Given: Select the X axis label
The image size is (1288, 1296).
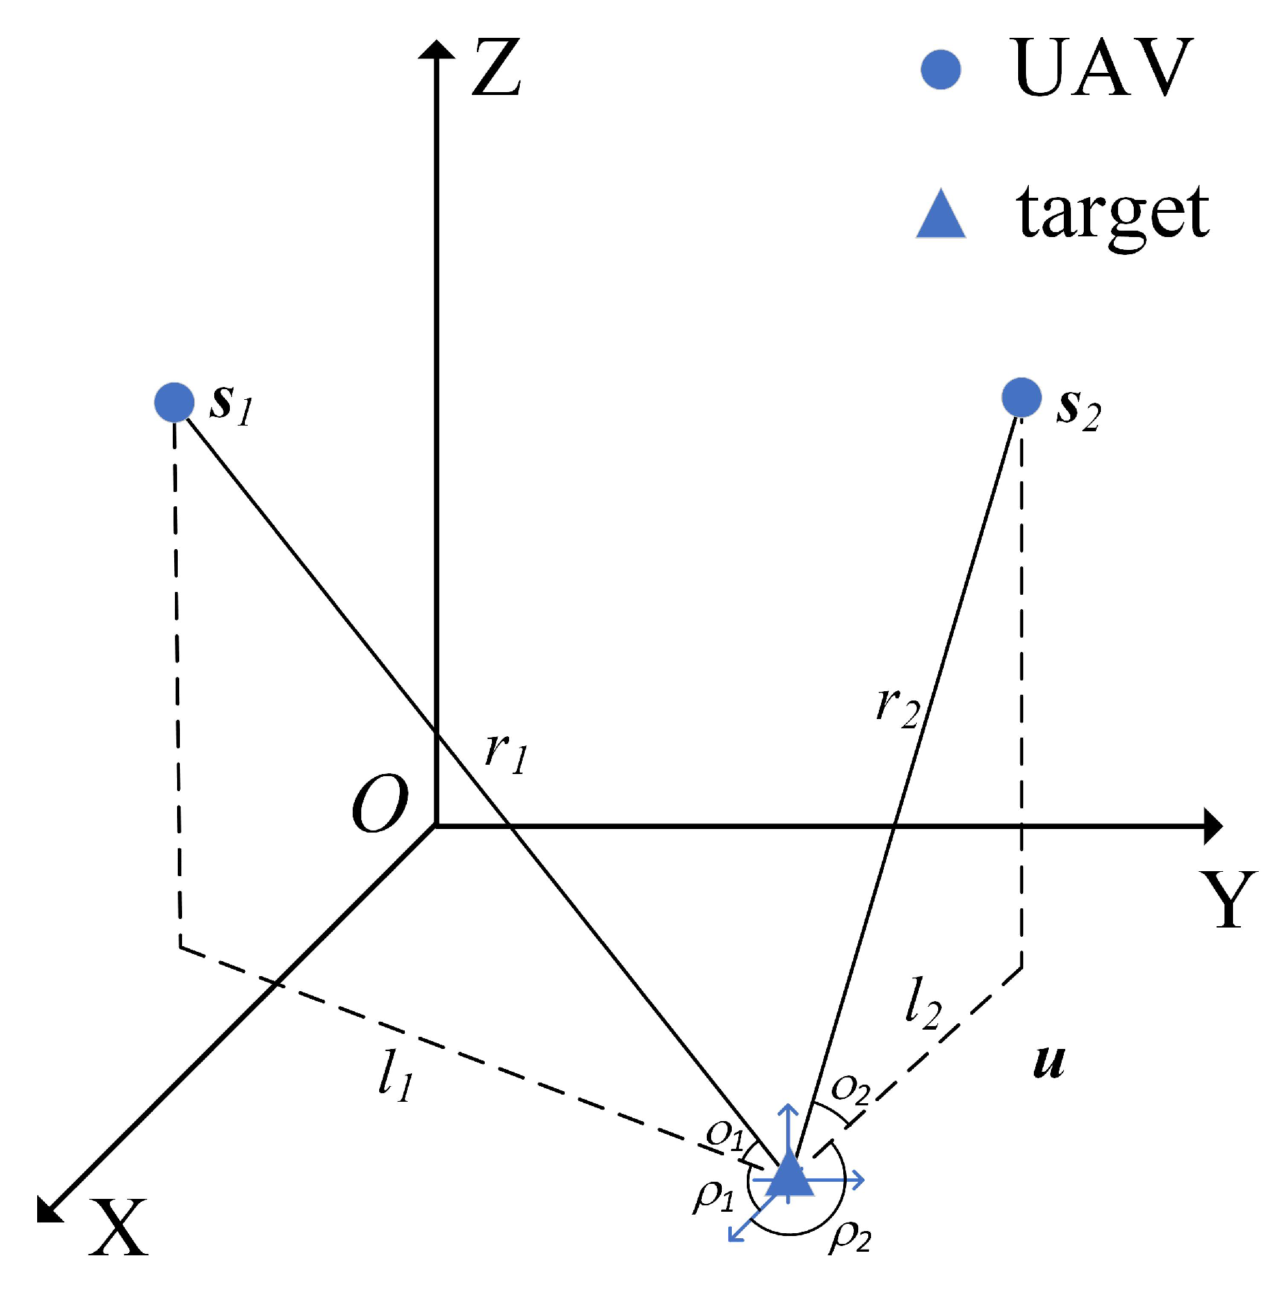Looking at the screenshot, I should point(118,1227).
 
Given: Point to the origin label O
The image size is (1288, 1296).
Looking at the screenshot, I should point(380,804).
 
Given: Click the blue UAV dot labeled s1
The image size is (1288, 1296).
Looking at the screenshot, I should point(174,402).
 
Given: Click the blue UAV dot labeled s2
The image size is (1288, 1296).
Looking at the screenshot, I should point(1021,398).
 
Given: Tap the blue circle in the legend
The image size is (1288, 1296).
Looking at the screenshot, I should point(940,70).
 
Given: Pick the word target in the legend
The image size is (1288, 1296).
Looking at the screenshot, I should point(1112,214).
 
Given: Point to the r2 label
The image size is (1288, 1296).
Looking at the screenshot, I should point(897,708).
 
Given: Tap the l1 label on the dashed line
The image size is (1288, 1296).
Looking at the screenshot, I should point(396,1076).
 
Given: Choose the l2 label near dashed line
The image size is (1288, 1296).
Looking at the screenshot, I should point(922,1003).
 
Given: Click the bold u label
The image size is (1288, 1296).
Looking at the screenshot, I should point(1049,1062).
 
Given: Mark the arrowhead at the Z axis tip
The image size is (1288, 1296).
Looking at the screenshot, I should point(436,49).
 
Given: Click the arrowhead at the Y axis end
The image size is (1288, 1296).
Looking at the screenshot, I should point(1212,827).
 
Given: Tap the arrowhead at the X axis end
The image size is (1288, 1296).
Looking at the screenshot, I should point(49,1210).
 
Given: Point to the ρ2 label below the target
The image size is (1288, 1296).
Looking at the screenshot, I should point(850,1237).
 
